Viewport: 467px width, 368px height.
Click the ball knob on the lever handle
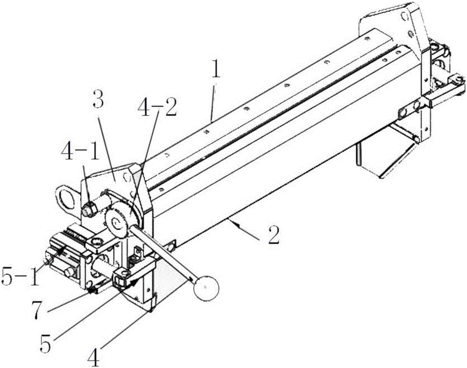coord(206,287)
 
